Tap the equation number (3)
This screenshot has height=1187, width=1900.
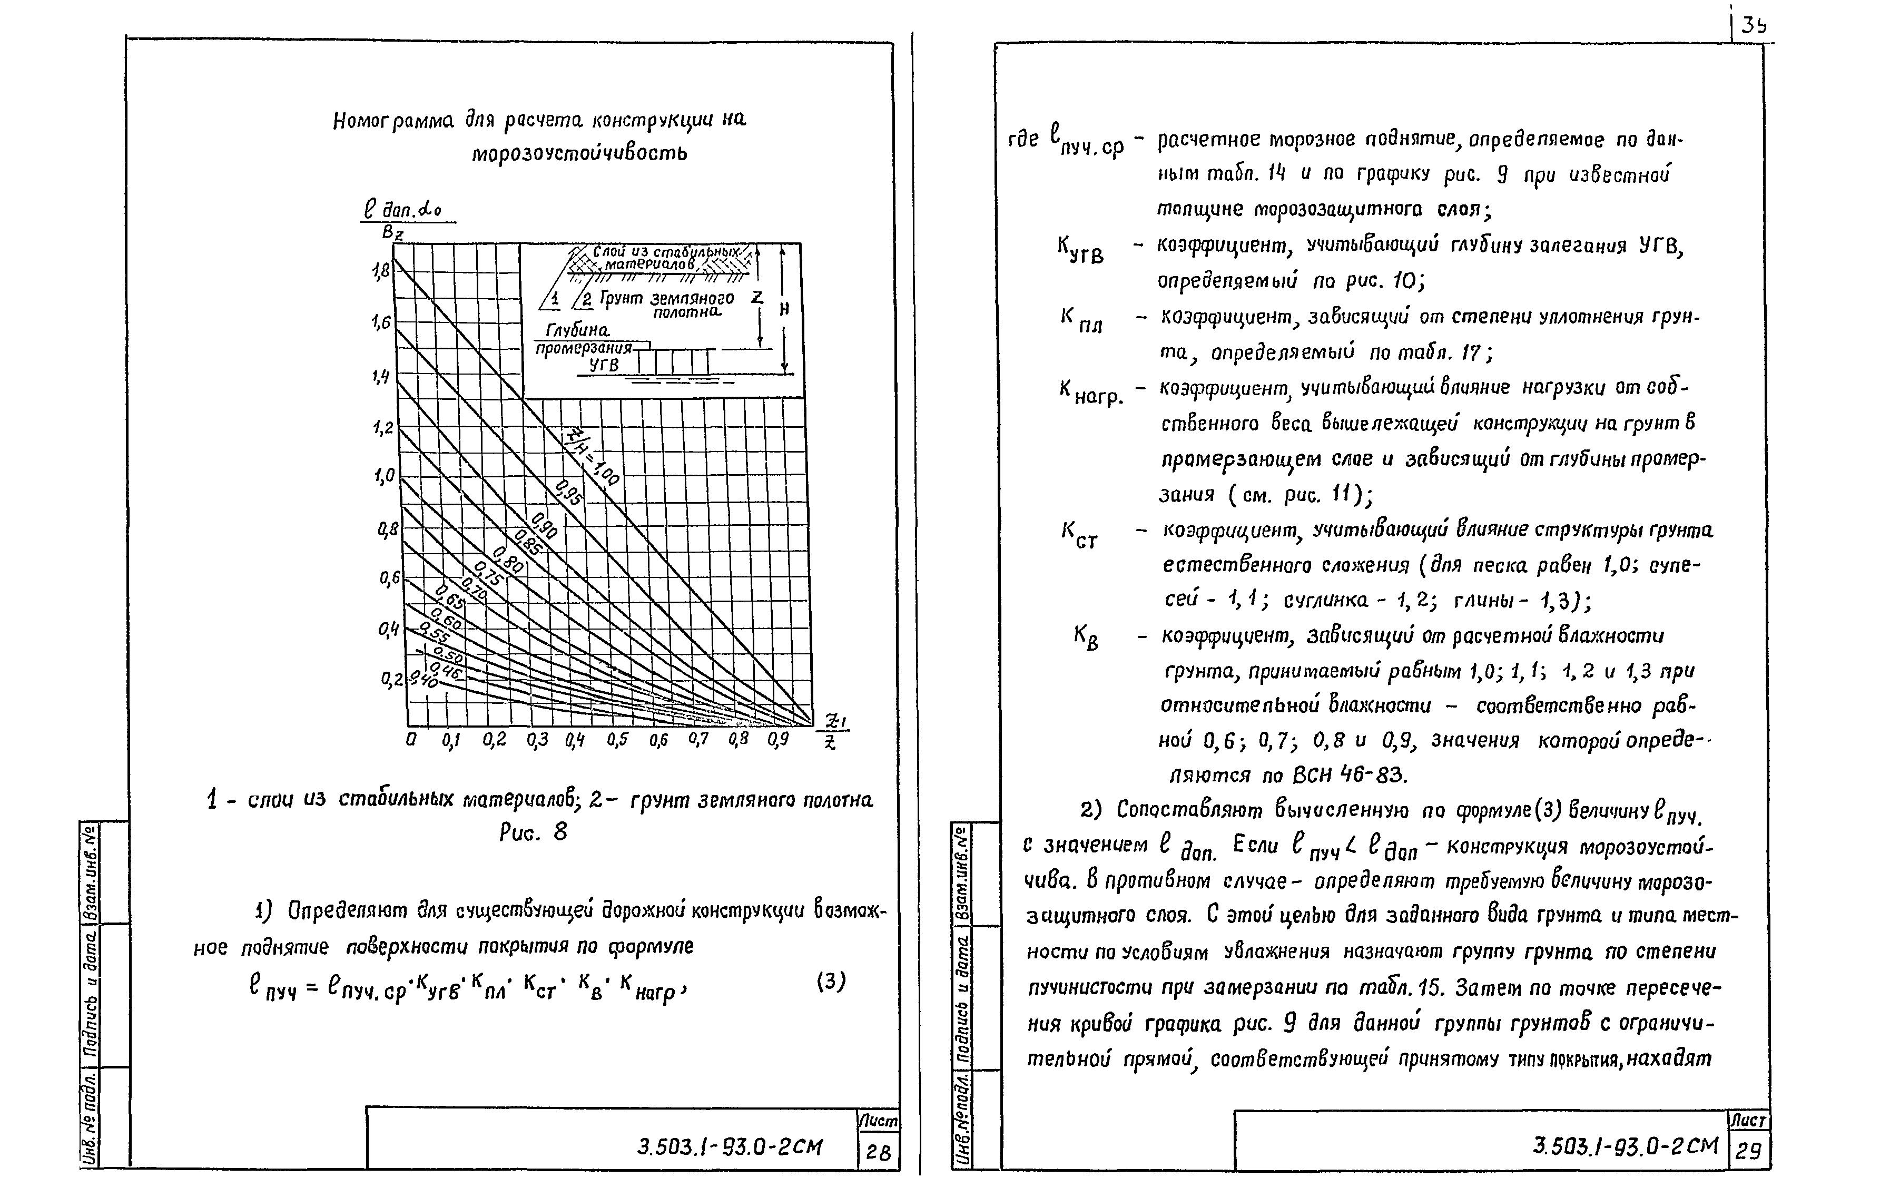point(831,982)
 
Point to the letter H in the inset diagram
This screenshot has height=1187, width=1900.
point(784,309)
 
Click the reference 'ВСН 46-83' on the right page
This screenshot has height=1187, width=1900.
point(1350,776)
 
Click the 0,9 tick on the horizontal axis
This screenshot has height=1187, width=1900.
point(777,740)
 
